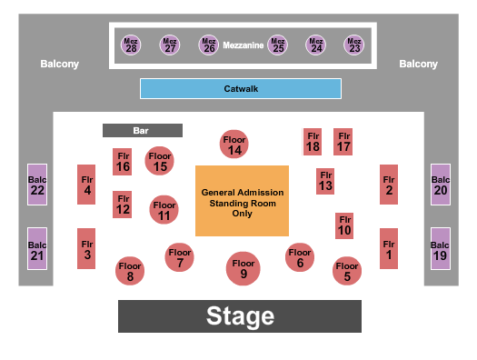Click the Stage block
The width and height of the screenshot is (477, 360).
click(x=240, y=316)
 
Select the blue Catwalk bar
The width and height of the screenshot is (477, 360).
click(x=240, y=88)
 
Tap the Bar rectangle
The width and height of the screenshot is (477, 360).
click(x=142, y=131)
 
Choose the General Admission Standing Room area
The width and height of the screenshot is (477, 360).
click(x=242, y=202)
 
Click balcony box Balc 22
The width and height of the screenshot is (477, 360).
click(x=37, y=184)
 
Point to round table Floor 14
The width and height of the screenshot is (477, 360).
click(x=235, y=144)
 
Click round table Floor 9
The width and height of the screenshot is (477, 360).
click(x=243, y=267)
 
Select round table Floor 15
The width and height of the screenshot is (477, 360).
click(x=160, y=161)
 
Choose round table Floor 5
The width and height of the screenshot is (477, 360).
click(x=346, y=270)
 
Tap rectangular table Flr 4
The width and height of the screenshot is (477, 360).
click(x=87, y=185)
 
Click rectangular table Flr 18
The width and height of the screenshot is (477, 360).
click(x=313, y=141)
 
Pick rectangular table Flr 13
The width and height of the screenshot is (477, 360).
click(x=325, y=181)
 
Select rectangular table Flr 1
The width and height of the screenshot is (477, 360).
click(x=389, y=248)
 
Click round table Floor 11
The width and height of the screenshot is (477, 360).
click(x=164, y=209)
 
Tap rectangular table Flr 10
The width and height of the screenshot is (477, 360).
click(x=343, y=225)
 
